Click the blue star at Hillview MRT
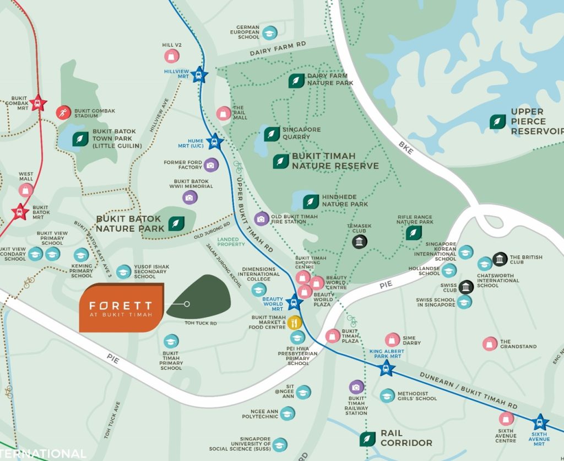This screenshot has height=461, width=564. click(x=199, y=76)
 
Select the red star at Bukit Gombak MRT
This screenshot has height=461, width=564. click(x=38, y=103)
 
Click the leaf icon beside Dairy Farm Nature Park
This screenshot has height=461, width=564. click(x=296, y=81)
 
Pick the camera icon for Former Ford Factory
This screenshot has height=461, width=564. click(x=210, y=164)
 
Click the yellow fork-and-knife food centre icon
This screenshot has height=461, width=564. click(x=296, y=323)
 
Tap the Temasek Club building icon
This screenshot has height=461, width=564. click(x=360, y=242)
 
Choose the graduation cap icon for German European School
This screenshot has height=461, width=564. click(x=269, y=33)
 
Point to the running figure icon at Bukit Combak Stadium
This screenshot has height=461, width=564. click(x=63, y=113)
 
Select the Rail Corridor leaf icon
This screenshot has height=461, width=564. click(x=367, y=439)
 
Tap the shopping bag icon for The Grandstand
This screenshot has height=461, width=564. click(x=490, y=344)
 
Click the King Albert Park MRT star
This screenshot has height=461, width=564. click(x=387, y=368)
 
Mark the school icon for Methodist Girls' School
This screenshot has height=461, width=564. click(x=387, y=395)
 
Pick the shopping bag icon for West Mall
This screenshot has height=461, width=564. click(x=26, y=190)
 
